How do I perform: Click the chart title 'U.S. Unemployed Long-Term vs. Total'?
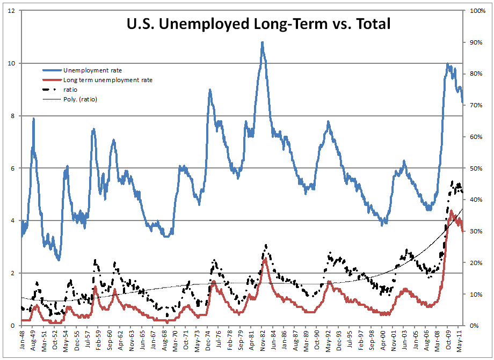[x=258, y=24]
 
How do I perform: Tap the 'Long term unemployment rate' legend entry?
[x=107, y=80]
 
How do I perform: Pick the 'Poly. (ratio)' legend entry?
[x=80, y=99]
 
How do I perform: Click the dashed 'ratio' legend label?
[x=71, y=90]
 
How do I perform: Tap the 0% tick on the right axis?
[x=474, y=326]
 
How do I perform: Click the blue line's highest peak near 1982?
[x=262, y=42]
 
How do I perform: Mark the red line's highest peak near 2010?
[x=451, y=210]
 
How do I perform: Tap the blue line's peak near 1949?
[x=34, y=119]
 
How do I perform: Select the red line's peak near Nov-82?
[x=265, y=259]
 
